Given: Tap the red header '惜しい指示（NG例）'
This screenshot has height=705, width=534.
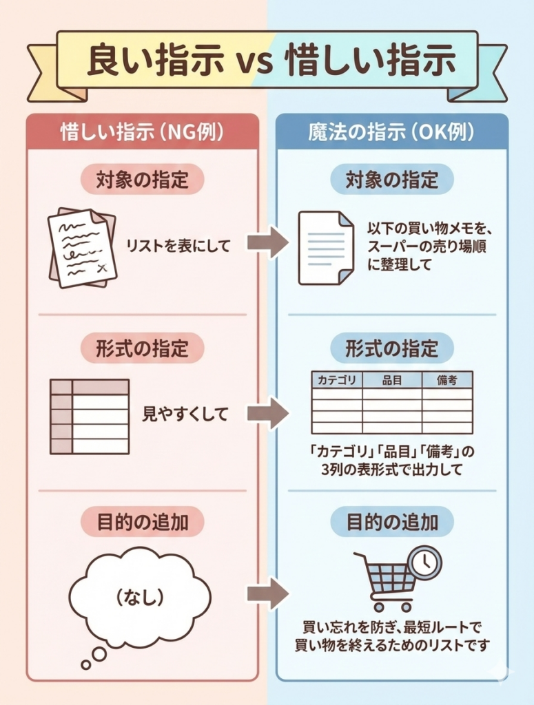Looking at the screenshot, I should [142, 132].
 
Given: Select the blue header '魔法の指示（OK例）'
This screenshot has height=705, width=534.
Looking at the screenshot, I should [391, 132].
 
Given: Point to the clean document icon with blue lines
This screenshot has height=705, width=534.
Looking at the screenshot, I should [325, 247].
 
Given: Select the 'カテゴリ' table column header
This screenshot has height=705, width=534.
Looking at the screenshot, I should [338, 379].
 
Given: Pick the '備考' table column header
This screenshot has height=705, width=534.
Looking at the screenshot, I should [447, 379].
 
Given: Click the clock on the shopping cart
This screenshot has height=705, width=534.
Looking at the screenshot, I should [424, 562].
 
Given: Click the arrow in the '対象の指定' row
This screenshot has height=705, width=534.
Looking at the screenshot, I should [267, 243].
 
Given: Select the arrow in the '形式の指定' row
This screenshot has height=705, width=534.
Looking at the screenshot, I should [267, 413].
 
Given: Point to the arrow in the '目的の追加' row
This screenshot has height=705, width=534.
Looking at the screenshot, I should [267, 593].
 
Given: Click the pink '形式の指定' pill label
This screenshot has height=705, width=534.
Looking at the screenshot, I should [142, 348].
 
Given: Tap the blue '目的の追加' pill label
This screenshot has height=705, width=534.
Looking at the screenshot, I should [391, 522].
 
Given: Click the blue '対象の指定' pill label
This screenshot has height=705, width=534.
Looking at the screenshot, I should [391, 180].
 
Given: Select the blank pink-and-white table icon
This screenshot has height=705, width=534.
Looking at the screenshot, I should [90, 416].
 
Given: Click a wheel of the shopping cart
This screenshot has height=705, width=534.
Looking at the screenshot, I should [378, 607].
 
